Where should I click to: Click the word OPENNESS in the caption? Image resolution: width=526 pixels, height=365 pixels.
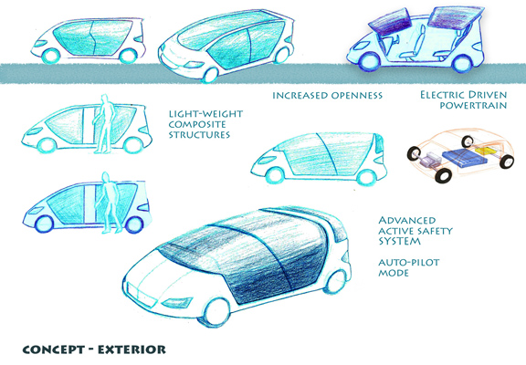pyautogui.click(x=356, y=96)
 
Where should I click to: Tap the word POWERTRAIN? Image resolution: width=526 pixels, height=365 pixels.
pyautogui.click(x=473, y=106)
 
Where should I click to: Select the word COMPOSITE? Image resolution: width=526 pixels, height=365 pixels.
pyautogui.click(x=197, y=124)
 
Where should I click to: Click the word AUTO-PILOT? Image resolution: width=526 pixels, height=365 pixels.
pyautogui.click(x=409, y=262)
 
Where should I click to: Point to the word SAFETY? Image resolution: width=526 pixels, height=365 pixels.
pyautogui.click(x=435, y=231)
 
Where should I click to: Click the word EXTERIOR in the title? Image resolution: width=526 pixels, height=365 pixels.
pyautogui.click(x=131, y=349)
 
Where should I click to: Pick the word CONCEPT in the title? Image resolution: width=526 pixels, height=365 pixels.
pyautogui.click(x=54, y=349)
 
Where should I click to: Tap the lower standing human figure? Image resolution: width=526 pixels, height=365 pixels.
pyautogui.click(x=110, y=203)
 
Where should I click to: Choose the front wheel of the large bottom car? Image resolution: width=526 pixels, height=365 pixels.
pyautogui.click(x=217, y=312)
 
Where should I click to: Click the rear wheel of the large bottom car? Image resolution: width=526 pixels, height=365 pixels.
pyautogui.click(x=336, y=282)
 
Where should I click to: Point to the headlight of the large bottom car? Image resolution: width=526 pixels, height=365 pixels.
pyautogui.click(x=177, y=303)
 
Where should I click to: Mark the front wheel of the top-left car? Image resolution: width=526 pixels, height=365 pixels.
pyautogui.click(x=51, y=56)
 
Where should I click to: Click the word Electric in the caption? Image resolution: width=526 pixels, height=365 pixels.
pyautogui.click(x=442, y=95)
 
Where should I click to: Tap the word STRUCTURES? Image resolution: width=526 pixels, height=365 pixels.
pyautogui.click(x=199, y=135)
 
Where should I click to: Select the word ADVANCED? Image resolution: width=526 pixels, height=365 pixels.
pyautogui.click(x=407, y=221)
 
